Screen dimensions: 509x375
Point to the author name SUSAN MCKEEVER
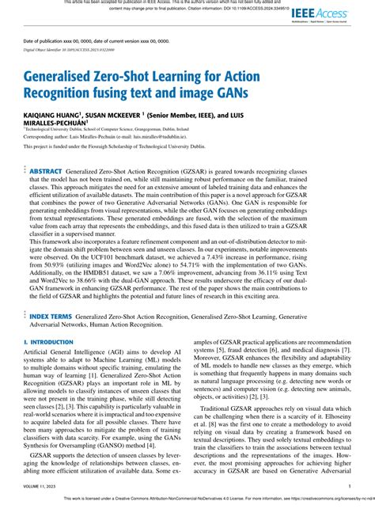[x=132, y=115]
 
